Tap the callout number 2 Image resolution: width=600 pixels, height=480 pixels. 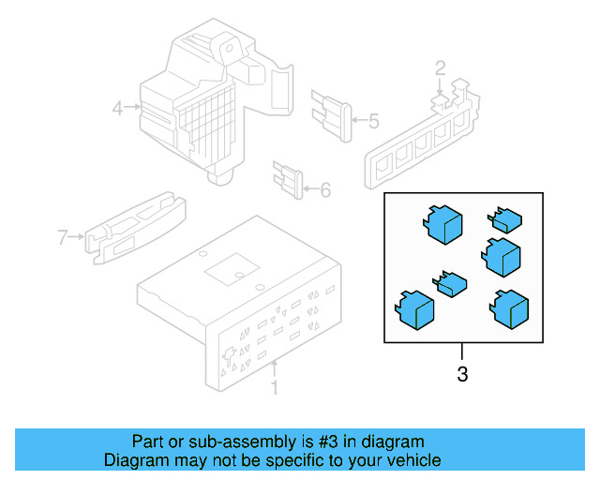click(439, 67)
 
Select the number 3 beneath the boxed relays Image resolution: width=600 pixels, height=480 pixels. click(461, 375)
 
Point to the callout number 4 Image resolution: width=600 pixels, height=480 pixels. click(118, 108)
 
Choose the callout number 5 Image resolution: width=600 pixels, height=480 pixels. click(372, 121)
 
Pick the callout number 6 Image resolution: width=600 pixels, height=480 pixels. click(325, 190)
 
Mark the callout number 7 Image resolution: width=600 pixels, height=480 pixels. click(63, 237)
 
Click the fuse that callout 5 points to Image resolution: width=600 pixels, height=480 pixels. click(334, 112)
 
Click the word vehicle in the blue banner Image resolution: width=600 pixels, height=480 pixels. click(410, 460)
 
